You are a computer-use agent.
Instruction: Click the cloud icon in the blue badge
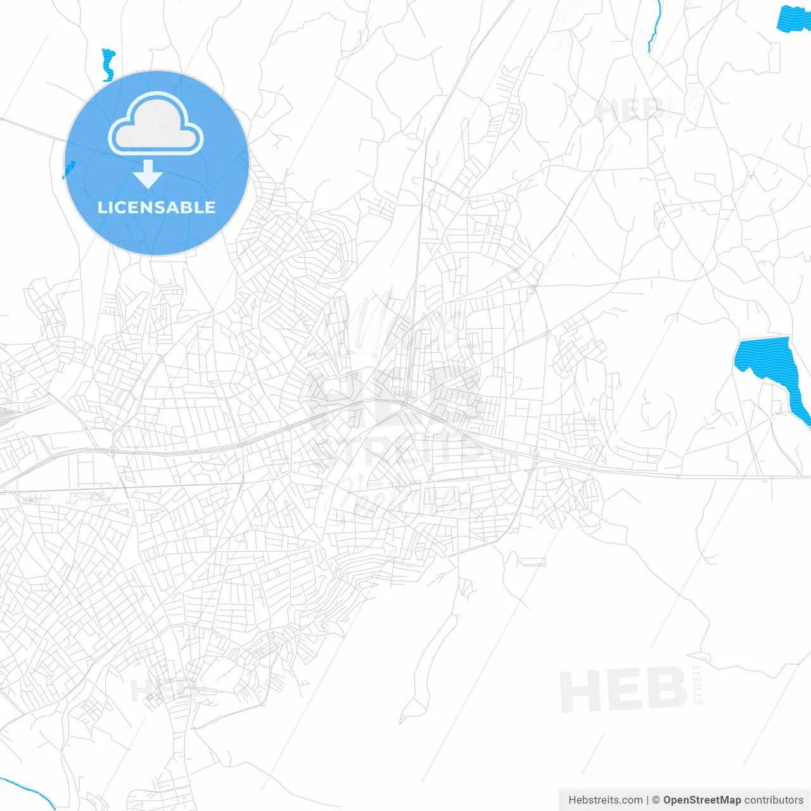[x=156, y=125]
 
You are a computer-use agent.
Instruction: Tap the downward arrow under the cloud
[x=148, y=174]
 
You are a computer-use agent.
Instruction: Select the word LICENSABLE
[x=156, y=208]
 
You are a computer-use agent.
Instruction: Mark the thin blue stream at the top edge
[x=654, y=25]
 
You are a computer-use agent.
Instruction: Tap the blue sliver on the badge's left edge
[x=68, y=170]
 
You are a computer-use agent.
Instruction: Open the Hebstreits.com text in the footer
[x=605, y=800]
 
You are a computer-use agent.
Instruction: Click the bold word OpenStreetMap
[x=701, y=800]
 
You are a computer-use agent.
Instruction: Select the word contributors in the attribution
[x=774, y=800]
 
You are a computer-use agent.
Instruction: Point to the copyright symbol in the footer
[x=656, y=800]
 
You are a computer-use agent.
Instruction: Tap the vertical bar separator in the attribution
[x=648, y=800]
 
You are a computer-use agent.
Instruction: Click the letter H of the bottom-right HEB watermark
[x=580, y=691]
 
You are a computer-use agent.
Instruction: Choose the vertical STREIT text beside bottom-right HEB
[x=698, y=685]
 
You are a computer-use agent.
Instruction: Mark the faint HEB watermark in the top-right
[x=630, y=110]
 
